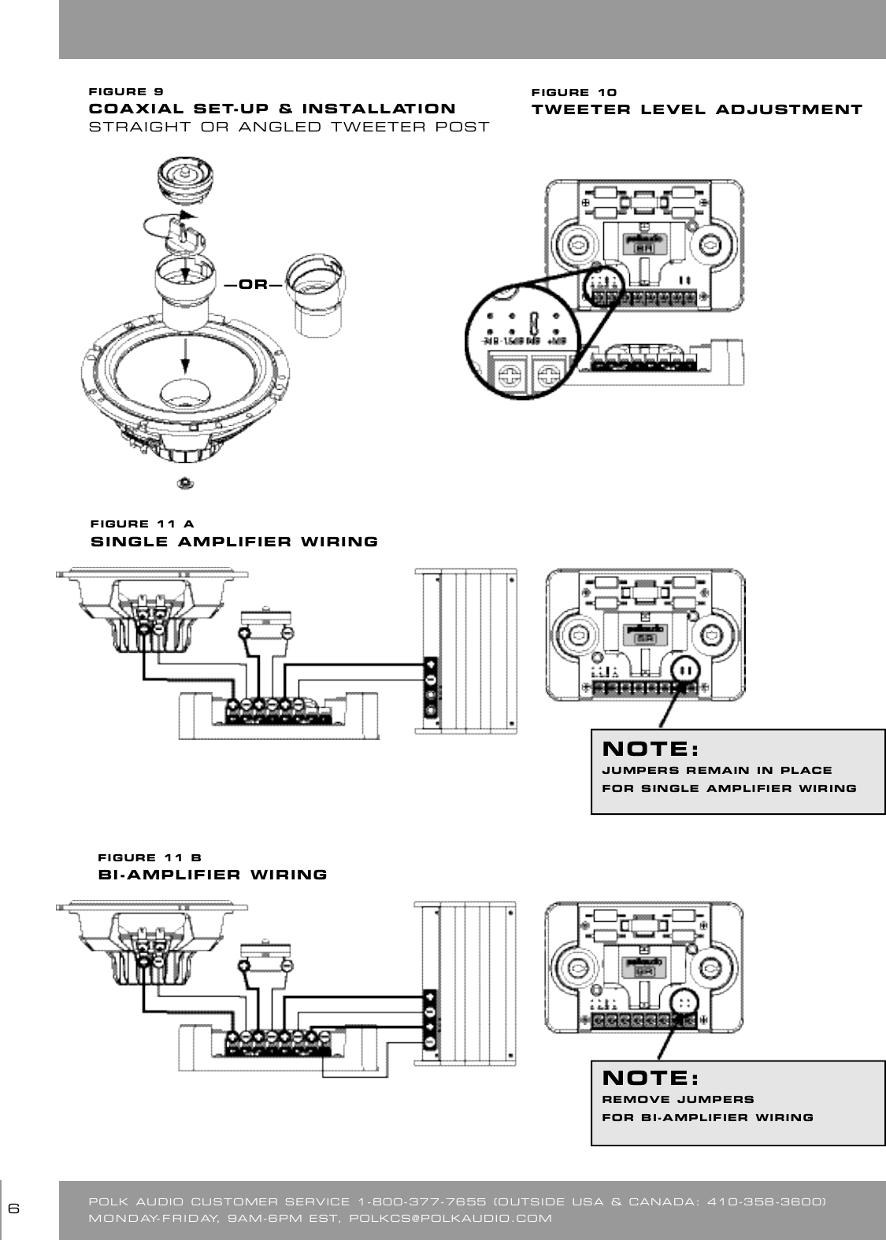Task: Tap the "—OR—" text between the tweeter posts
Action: point(252,284)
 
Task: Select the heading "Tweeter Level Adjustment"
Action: point(697,109)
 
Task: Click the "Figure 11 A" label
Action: point(143,524)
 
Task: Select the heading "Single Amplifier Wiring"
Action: point(235,542)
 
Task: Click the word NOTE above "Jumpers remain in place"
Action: point(650,746)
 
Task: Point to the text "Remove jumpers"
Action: point(678,1099)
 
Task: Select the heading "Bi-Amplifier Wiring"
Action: point(212,875)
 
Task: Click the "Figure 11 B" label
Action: point(150,857)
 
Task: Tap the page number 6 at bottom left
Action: point(13,1209)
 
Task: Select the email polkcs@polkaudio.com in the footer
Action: point(450,1219)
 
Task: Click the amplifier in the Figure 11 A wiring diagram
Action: point(466,651)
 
